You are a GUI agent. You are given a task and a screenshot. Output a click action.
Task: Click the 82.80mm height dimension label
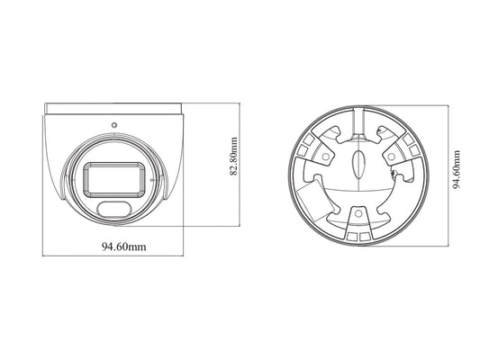pos(233,157)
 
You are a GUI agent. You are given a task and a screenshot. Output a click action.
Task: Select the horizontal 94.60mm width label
pos(124,247)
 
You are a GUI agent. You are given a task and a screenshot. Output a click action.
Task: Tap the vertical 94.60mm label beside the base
pos(456,169)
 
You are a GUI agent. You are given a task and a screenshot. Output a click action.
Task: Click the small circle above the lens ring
pos(114,125)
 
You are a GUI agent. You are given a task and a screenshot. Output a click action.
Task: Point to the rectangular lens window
pos(114,179)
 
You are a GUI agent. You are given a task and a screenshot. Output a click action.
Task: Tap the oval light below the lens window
pos(114,210)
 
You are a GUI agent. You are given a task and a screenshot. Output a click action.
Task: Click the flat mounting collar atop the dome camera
pos(113,109)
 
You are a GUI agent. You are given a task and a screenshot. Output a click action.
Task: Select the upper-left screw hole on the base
pos(326,157)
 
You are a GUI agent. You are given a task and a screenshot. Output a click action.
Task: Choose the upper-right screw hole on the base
pos(391,157)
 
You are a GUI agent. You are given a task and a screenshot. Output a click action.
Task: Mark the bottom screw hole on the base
pos(358,213)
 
